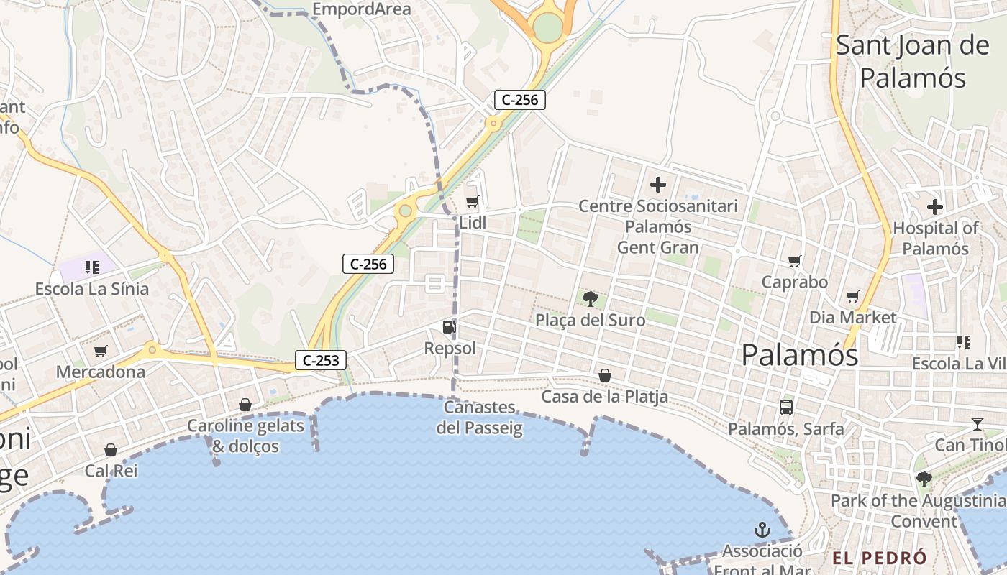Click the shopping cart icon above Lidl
(x=472, y=202)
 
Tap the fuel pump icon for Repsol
(x=449, y=328)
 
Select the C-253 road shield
(x=321, y=360)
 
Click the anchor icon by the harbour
(x=762, y=530)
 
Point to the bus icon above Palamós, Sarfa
(x=785, y=408)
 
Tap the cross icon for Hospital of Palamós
(x=934, y=208)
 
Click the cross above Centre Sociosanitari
(x=657, y=185)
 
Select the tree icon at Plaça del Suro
(x=591, y=298)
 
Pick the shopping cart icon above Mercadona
(x=101, y=351)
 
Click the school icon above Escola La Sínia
(x=91, y=268)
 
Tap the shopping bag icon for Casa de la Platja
(x=605, y=375)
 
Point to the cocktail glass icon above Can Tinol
(x=977, y=424)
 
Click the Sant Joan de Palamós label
(x=913, y=61)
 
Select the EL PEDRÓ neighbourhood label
(x=880, y=558)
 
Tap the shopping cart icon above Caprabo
(x=794, y=261)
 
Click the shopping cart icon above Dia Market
(x=853, y=296)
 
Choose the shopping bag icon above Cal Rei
(x=111, y=451)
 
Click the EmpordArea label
(x=363, y=9)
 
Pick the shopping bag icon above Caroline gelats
(x=245, y=405)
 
